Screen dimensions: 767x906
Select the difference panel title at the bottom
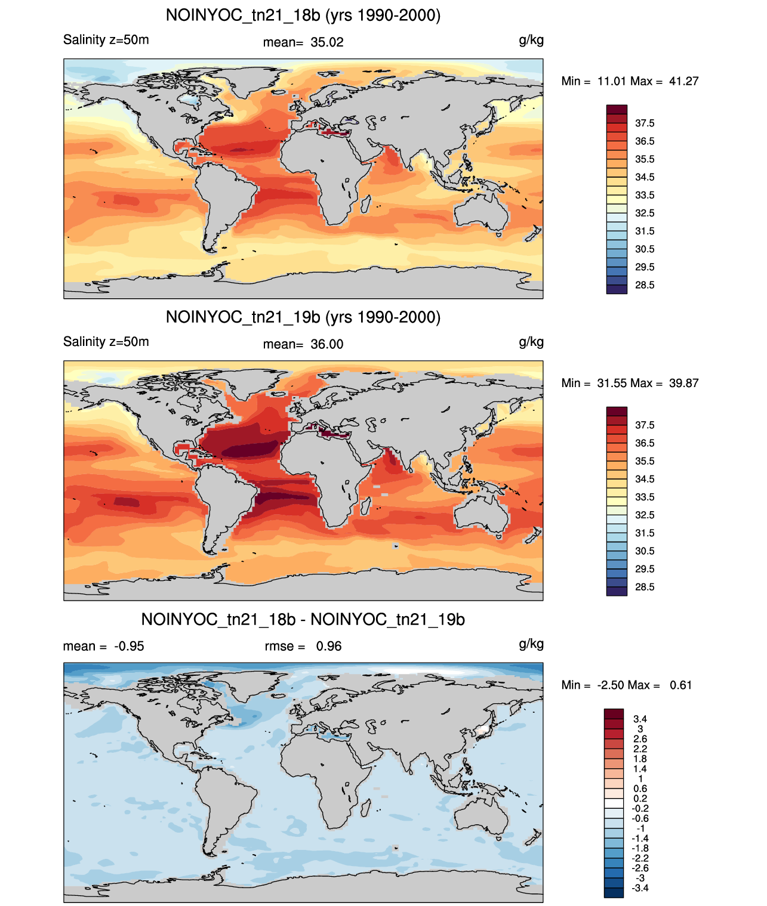(303, 619)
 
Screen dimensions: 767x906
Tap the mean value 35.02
(326, 42)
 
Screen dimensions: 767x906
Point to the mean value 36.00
(326, 345)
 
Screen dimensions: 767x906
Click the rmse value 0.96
(328, 647)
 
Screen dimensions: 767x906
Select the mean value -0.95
(129, 647)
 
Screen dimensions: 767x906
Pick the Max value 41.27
(683, 81)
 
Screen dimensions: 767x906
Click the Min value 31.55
(612, 383)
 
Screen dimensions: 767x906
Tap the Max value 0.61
(680, 685)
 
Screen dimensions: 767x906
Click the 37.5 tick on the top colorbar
(645, 123)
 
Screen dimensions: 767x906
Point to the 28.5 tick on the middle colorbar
(645, 587)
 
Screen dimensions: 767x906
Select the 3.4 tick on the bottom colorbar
(640, 719)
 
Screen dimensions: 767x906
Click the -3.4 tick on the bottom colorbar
(640, 888)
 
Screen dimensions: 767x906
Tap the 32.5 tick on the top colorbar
(645, 213)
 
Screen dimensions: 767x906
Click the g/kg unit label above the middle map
(531, 342)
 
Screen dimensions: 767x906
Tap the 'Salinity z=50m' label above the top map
(106, 40)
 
